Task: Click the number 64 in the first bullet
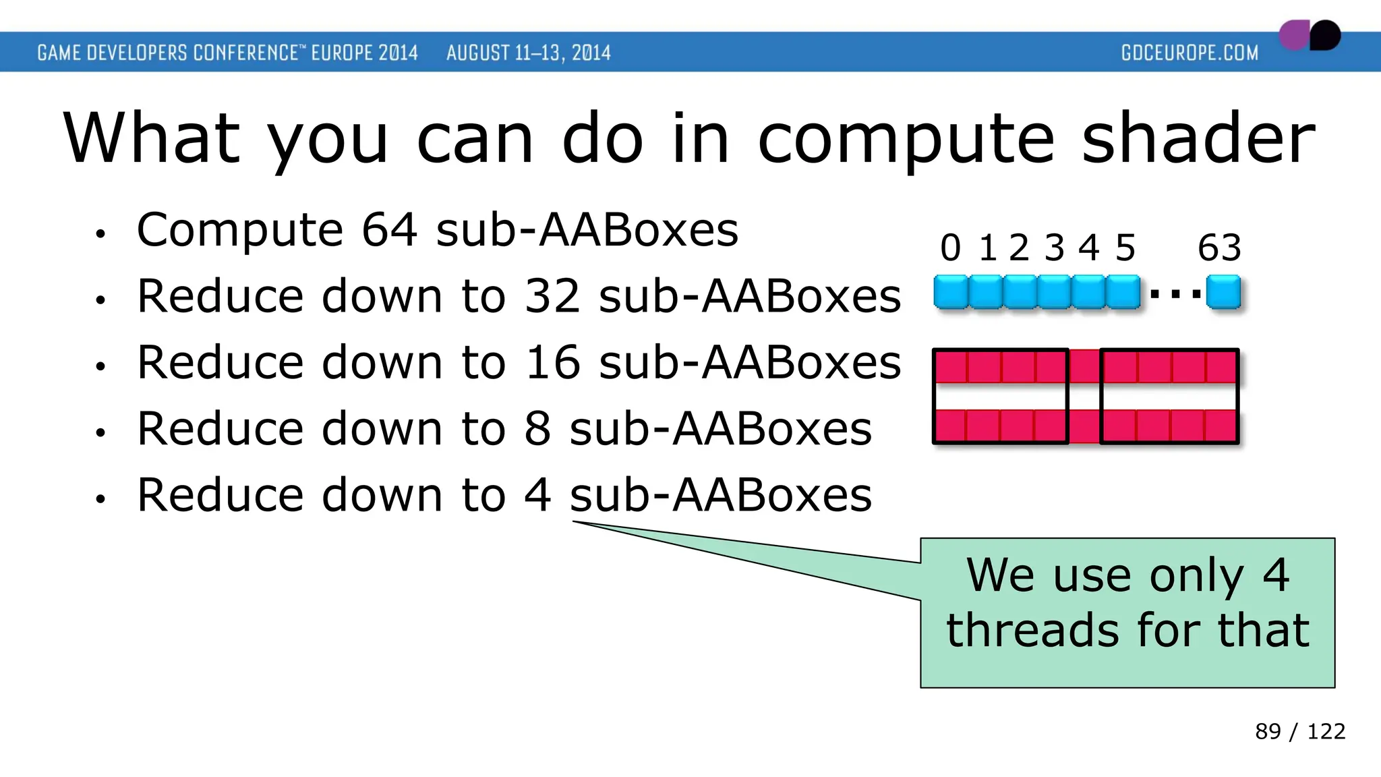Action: click(x=389, y=231)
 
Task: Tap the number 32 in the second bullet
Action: click(x=552, y=297)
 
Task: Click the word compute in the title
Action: click(x=906, y=140)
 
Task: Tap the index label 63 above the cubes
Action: click(x=1219, y=248)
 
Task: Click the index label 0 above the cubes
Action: click(x=950, y=248)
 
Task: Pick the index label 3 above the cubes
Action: click(x=1054, y=248)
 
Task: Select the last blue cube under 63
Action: click(x=1223, y=292)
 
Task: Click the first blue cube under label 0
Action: click(x=951, y=292)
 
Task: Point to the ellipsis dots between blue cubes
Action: click(x=1175, y=294)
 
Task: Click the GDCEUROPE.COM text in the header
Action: click(x=1189, y=53)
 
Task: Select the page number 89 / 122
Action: click(x=1299, y=731)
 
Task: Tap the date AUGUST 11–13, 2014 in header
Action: click(x=528, y=53)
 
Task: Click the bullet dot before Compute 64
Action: click(x=100, y=235)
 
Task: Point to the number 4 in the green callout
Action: click(x=1276, y=575)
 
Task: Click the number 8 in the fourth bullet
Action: click(x=537, y=429)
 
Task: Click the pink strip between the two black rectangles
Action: click(x=1084, y=397)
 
